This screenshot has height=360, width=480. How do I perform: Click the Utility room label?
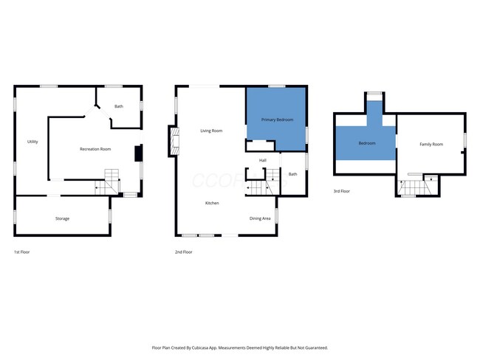pyautogui.click(x=32, y=142)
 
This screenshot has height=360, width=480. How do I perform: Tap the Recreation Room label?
pyautogui.click(x=95, y=150)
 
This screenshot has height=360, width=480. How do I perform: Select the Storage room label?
pyautogui.click(x=62, y=218)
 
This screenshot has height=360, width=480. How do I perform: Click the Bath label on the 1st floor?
pyautogui.click(x=118, y=107)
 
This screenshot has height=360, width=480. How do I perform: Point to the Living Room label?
pyautogui.click(x=211, y=131)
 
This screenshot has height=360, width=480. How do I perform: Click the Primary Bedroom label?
pyautogui.click(x=277, y=119)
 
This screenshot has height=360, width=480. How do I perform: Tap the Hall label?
pyautogui.click(x=262, y=160)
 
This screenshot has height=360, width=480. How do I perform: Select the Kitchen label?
pyautogui.click(x=211, y=203)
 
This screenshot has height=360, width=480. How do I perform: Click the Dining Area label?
pyautogui.click(x=259, y=218)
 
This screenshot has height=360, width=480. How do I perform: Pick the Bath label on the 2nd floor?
pyautogui.click(x=292, y=174)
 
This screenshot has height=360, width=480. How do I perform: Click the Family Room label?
pyautogui.click(x=431, y=144)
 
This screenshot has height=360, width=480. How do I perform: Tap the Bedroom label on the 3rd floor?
pyautogui.click(x=367, y=143)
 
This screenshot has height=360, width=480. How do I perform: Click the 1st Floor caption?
pyautogui.click(x=21, y=252)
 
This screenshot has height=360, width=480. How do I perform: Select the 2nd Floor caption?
pyautogui.click(x=184, y=252)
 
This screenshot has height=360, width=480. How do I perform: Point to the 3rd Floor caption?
pyautogui.click(x=342, y=192)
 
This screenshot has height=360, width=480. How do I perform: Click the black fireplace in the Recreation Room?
pyautogui.click(x=137, y=153)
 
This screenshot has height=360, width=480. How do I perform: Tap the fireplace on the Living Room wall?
pyautogui.click(x=174, y=141)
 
